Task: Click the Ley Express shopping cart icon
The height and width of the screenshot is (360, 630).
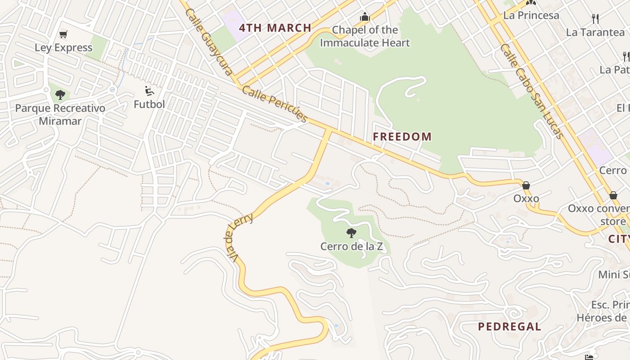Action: [x=63, y=35]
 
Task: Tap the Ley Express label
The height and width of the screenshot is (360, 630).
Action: [x=63, y=48]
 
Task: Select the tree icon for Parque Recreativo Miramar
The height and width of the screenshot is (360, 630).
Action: [x=60, y=95]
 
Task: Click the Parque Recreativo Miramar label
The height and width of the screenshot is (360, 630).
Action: [x=60, y=115]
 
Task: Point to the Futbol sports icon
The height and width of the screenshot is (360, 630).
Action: [x=149, y=91]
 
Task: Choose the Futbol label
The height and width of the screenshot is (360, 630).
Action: [x=149, y=104]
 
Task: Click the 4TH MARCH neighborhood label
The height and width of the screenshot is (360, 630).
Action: [x=275, y=28]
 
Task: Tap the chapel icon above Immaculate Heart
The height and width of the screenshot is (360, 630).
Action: [x=364, y=17]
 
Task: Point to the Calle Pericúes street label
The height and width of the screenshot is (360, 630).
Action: [x=274, y=104]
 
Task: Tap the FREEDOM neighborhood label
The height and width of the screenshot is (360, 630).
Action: [x=402, y=137]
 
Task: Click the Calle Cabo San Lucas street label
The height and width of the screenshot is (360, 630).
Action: [x=531, y=91]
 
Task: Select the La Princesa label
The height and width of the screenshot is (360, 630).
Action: [x=531, y=15]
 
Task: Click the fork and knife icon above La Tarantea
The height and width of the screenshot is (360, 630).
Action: [x=595, y=19]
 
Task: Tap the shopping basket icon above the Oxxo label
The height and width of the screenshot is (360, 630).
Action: [x=526, y=185]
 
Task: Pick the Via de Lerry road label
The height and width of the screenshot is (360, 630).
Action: [x=239, y=238]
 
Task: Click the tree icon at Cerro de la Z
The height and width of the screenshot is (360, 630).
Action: [x=351, y=233]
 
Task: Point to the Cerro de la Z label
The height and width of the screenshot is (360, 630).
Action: [x=351, y=247]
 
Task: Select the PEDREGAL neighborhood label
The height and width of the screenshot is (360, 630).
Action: [x=509, y=327]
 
